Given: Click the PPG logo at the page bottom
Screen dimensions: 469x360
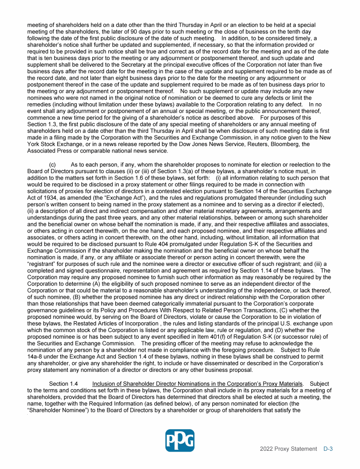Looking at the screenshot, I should tap(180, 441).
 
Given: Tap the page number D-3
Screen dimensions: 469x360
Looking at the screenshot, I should tap(328, 449).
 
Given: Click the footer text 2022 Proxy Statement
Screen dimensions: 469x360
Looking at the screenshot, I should tap(288, 449).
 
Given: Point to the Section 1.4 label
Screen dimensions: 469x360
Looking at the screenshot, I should tap(65, 384).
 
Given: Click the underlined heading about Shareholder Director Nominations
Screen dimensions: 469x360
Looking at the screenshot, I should tap(197, 384).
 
